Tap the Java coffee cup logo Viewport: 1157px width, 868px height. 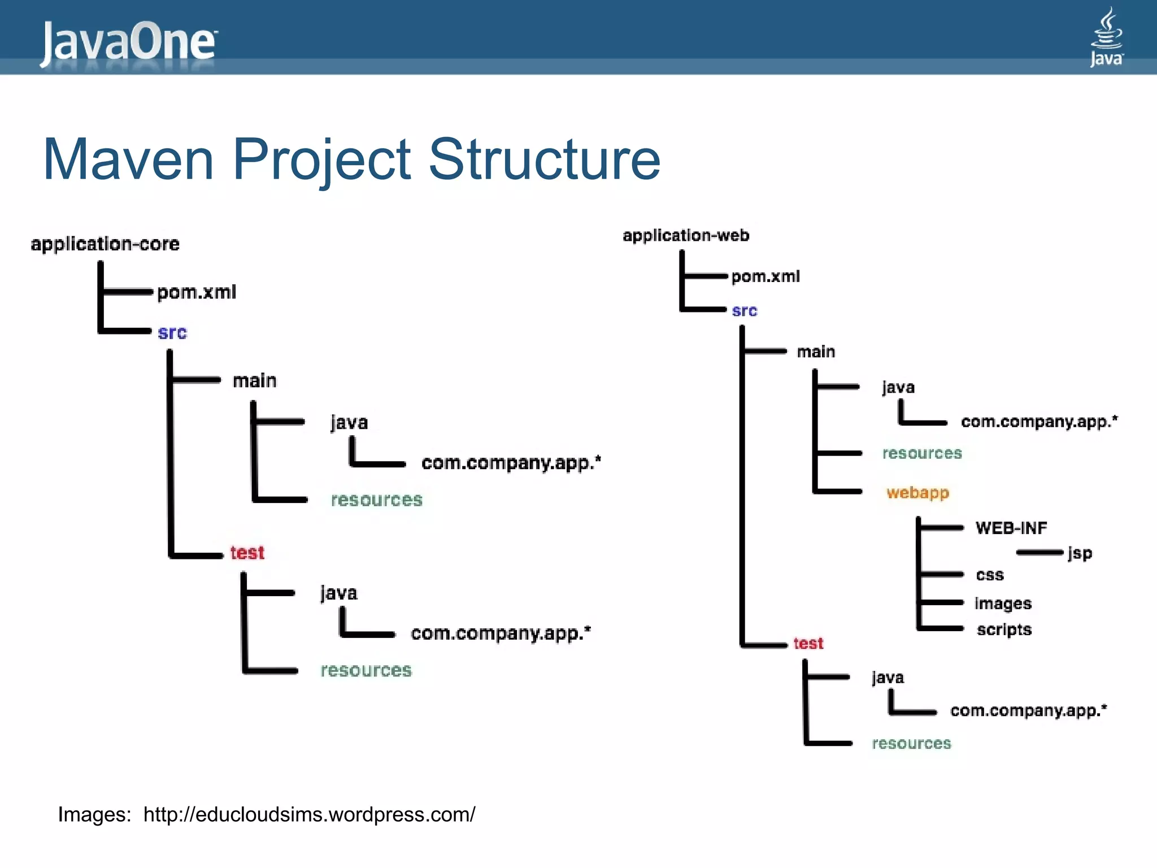pos(1106,37)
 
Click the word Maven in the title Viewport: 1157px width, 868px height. pos(128,159)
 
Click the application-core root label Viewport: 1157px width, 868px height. pos(105,244)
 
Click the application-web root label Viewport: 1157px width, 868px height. pos(686,235)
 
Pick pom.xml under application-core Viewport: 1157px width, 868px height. pos(196,292)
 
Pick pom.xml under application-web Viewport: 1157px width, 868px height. pos(765,276)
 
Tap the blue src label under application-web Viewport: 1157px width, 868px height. pos(744,311)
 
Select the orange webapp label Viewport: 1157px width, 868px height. pos(917,493)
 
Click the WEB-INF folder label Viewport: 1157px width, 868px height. pos(1011,528)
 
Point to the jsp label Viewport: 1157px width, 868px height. pos(1080,553)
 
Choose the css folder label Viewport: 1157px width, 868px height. pos(990,575)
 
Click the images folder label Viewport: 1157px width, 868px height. pos(1003,604)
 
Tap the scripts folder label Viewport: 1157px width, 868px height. pos(1004,630)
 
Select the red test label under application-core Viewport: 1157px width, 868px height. pos(247,552)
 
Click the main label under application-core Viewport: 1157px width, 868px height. pos(254,381)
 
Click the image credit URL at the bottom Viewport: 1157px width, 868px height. pos(309,814)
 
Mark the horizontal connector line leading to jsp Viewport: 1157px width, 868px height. pos(1039,553)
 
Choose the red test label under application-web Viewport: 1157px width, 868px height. pos(808,643)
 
